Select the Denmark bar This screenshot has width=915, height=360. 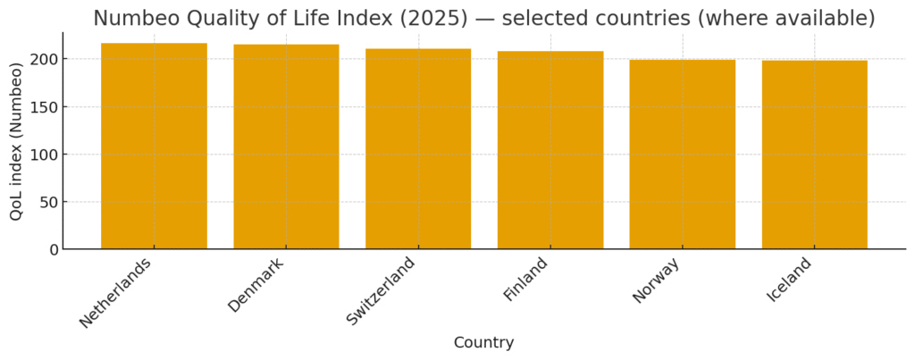tap(286, 147)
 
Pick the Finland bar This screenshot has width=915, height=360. tap(550, 150)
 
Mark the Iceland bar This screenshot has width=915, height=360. tap(814, 155)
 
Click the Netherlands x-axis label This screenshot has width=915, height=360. tap(116, 292)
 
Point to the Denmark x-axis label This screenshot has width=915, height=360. tap(256, 285)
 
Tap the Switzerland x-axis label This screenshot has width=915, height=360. tap(382, 291)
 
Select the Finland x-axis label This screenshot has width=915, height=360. tap(525, 280)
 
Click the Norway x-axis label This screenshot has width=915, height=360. tap(657, 280)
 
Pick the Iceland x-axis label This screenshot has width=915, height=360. tap(790, 280)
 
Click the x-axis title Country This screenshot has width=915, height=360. tap(483, 343)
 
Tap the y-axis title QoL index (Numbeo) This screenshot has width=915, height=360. tap(17, 141)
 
